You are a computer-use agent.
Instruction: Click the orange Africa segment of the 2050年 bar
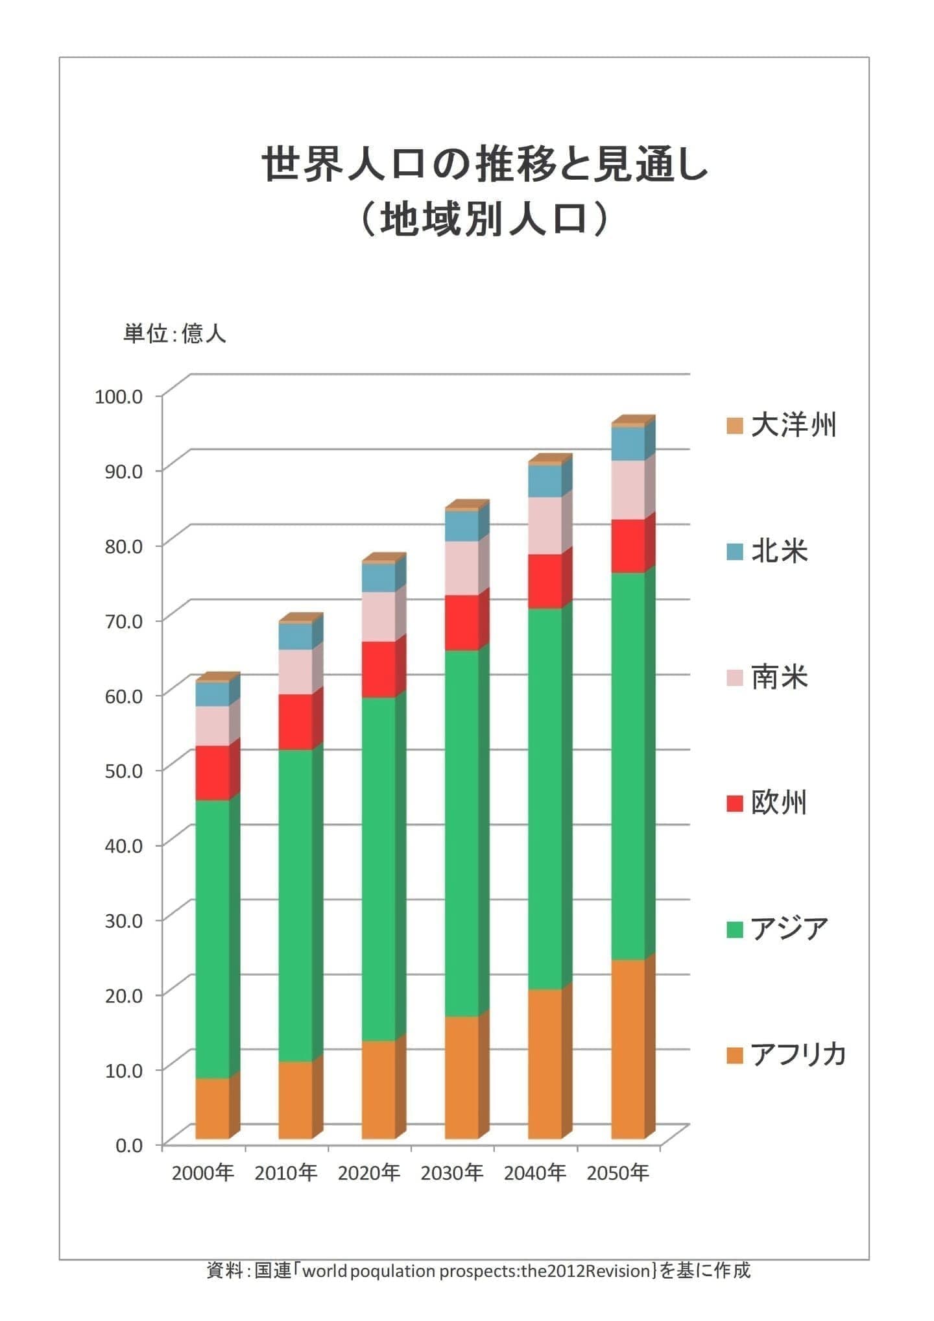point(628,1049)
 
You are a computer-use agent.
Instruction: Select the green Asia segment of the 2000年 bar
point(213,939)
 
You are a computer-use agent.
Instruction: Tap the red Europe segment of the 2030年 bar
point(462,622)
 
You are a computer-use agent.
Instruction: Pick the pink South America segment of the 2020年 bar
point(379,616)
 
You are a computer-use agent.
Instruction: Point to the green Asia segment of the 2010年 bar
point(296,906)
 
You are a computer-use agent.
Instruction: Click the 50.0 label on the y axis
point(124,770)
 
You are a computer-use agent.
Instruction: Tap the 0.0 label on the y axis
point(129,1145)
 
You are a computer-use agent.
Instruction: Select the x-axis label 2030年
point(451,1173)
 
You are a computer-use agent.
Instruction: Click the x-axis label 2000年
point(202,1173)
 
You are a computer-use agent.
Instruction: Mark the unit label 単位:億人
point(174,333)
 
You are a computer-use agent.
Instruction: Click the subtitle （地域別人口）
point(484,219)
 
